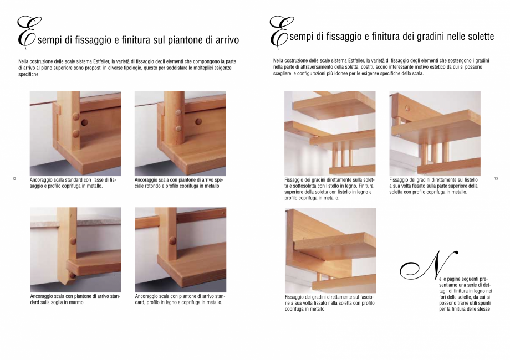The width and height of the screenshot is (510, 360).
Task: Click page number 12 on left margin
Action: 14,178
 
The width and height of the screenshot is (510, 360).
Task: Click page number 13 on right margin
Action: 496,178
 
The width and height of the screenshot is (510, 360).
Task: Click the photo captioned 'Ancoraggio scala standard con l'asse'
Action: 75,133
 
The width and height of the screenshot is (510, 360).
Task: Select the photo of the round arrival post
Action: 180,133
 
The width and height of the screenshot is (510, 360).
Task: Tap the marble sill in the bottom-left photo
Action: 75,220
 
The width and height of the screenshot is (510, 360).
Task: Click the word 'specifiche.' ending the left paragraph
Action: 29,74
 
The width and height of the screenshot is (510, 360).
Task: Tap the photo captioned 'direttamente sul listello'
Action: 435,133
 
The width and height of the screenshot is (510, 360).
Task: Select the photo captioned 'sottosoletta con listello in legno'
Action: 330,133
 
